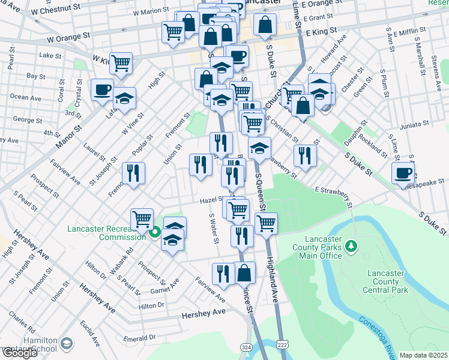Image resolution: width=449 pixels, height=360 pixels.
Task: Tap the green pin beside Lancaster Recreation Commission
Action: point(155,233)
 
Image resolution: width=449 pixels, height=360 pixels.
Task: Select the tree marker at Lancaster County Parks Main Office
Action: point(352,245)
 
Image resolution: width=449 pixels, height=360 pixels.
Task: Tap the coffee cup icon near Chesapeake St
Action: point(403,172)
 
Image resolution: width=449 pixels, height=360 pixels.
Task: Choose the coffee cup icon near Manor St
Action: point(102,89)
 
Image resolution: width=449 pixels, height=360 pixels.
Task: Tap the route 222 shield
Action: point(283,344)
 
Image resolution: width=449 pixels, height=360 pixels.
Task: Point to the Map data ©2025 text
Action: point(423,355)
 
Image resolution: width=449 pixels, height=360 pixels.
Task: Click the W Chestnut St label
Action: point(57,8)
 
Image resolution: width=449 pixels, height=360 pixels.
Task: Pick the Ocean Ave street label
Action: point(26,97)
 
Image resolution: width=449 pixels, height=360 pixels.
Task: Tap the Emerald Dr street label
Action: point(140,338)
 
